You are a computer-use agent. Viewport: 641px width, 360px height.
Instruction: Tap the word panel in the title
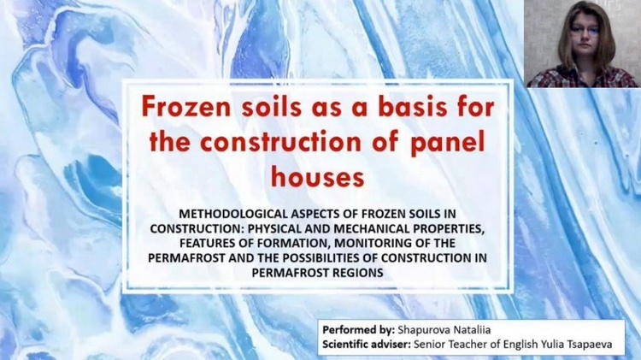448,142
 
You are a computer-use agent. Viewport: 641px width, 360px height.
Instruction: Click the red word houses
318,178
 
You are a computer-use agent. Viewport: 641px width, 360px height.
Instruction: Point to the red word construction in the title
280,142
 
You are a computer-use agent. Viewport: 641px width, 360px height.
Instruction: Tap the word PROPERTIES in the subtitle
449,228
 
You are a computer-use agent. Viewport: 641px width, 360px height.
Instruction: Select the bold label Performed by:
358,330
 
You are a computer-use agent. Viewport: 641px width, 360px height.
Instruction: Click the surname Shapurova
423,330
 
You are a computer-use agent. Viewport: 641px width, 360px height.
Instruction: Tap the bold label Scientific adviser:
367,345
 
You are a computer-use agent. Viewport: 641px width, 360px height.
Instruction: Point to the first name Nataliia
470,330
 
